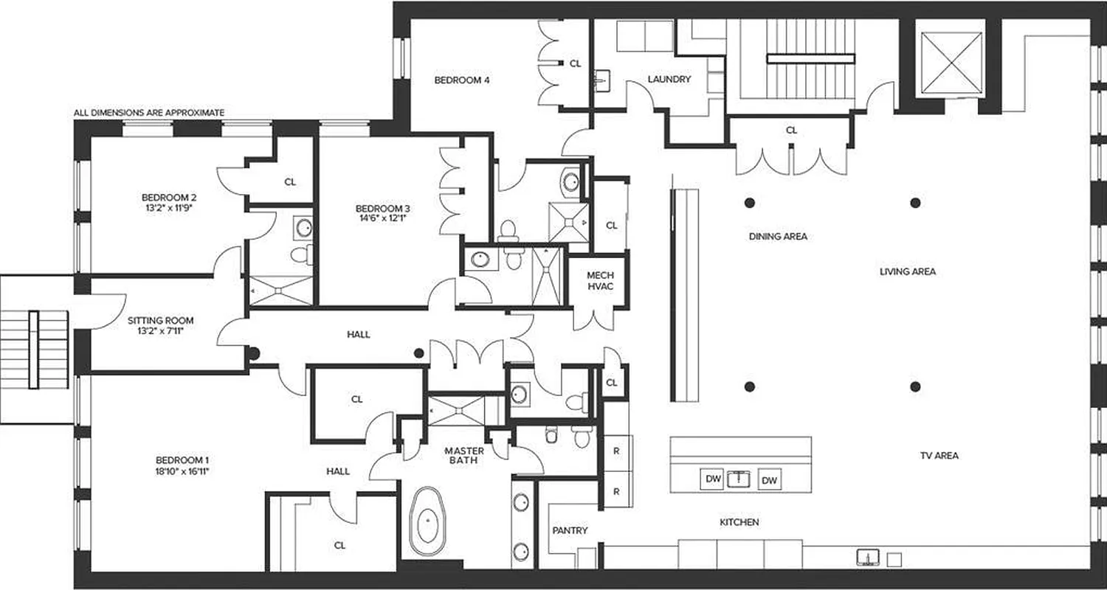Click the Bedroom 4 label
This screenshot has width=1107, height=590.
[x=461, y=80]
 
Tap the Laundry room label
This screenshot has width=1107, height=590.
[x=669, y=80]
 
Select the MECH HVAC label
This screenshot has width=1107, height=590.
[x=600, y=281]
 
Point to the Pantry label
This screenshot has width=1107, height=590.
[x=570, y=530]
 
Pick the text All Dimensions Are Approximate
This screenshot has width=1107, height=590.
[x=148, y=113]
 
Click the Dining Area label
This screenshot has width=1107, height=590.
[x=778, y=237]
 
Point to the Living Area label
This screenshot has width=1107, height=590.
[x=907, y=271]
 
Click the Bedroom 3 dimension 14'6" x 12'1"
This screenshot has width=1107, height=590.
[x=382, y=218]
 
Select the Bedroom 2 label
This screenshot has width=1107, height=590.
[x=169, y=197]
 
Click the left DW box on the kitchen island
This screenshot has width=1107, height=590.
[x=712, y=479]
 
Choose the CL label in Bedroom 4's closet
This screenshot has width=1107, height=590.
[x=575, y=64]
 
